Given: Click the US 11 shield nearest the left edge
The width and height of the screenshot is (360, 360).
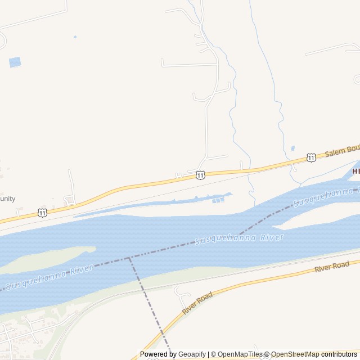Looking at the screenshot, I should click(43, 212).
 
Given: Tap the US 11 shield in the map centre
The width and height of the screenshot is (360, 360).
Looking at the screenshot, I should click(201, 175).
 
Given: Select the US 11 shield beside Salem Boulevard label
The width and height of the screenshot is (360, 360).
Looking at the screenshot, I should click(311, 158).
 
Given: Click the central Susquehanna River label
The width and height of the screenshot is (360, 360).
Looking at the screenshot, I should click(239, 238).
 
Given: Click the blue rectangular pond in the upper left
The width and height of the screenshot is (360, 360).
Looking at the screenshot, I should click(15, 62).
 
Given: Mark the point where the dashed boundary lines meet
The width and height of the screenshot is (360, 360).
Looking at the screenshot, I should click(130, 258).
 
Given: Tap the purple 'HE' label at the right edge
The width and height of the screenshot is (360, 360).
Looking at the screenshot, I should click(355, 170).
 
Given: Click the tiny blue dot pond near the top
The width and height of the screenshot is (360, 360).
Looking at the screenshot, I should click(75, 37).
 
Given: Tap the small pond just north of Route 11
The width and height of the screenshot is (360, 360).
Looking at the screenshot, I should click(292, 148).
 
